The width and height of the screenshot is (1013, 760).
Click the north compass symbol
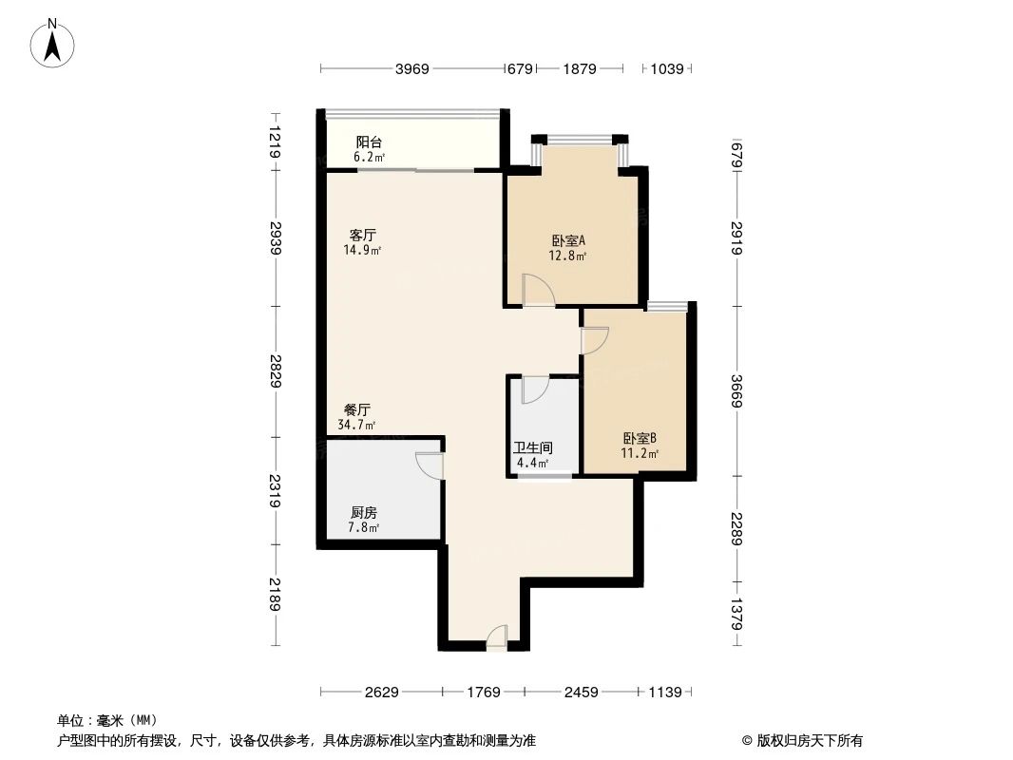(54, 43)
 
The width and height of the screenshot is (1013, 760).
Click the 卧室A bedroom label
(567, 240)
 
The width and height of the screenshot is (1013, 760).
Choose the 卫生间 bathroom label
(532, 447)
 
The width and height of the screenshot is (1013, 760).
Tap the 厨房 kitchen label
(364, 512)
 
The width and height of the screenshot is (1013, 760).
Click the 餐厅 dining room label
(357, 409)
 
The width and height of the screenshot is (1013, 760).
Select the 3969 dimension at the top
(412, 68)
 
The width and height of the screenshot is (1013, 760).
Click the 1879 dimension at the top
(579, 68)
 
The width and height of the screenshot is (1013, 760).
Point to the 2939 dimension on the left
(276, 238)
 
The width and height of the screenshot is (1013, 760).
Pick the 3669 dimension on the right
(736, 390)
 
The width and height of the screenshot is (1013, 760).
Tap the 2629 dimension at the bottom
(381, 693)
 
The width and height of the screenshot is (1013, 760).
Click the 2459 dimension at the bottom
(581, 693)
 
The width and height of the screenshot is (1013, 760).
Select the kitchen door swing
(430, 465)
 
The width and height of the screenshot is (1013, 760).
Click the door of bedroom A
(536, 290)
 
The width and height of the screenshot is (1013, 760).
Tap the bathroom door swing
(534, 389)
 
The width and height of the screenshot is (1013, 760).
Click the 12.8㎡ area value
(567, 256)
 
